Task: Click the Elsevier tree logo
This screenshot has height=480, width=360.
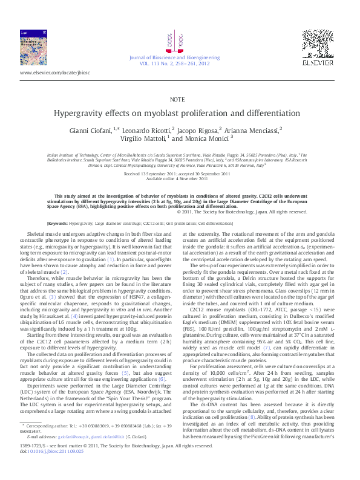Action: (318, 43)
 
